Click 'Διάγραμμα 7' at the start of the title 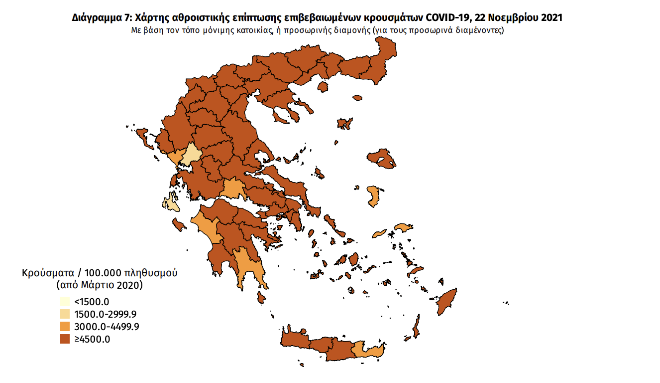100,18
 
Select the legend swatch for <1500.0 65,302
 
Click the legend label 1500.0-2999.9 105,314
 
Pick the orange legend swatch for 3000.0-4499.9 65,327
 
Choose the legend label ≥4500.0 92,340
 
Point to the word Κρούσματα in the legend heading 48,273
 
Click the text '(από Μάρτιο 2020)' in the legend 100,286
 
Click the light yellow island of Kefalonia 170,203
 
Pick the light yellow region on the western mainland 191,155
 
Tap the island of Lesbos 382,159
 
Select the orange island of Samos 404,228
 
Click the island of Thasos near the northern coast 323,87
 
